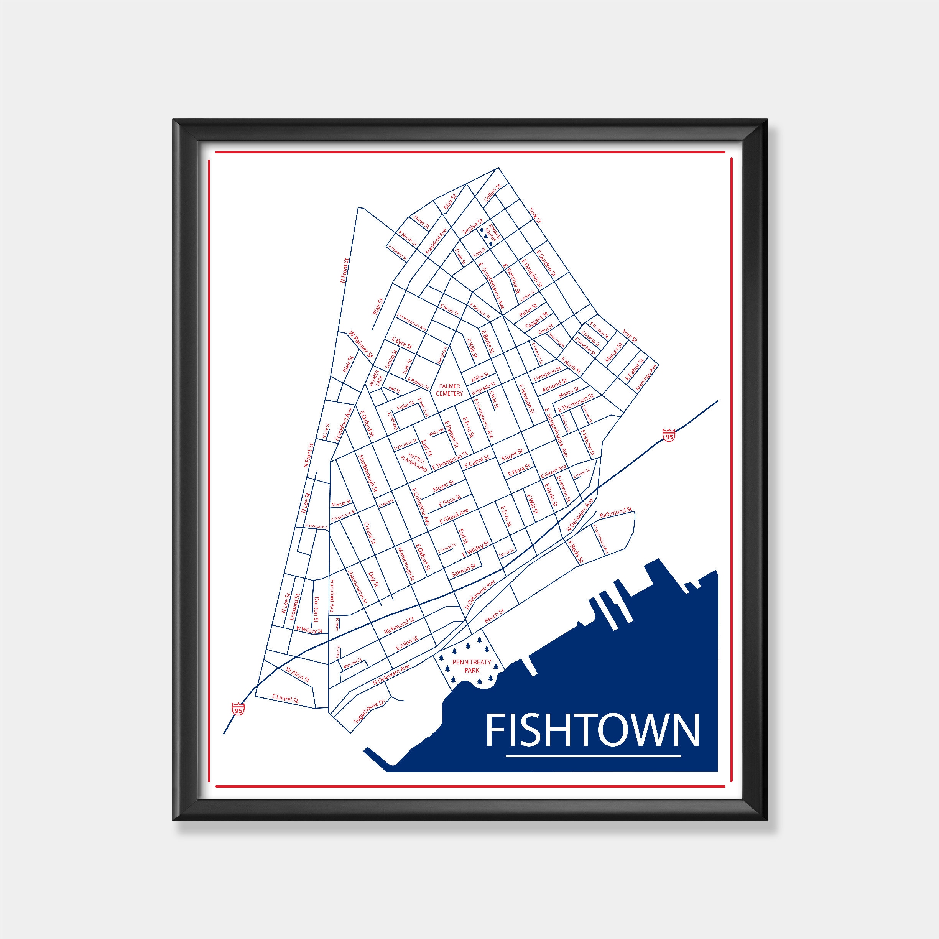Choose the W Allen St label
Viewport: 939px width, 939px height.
coord(298,676)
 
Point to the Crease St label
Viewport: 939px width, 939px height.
coord(370,533)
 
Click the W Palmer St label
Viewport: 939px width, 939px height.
coord(361,344)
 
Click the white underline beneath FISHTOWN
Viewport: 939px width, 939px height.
coord(593,769)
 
